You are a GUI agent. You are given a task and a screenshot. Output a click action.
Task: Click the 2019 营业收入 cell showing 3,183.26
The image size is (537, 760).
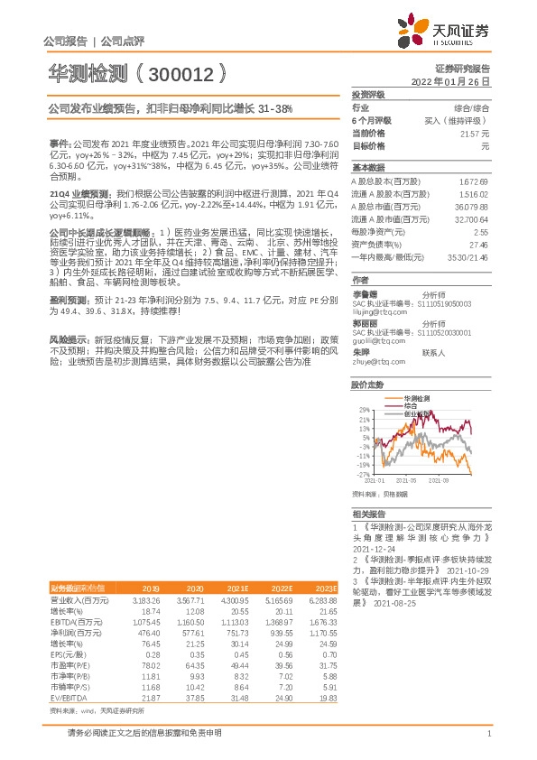(145, 600)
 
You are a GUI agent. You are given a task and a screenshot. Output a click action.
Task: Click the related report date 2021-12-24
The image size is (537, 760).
(373, 549)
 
